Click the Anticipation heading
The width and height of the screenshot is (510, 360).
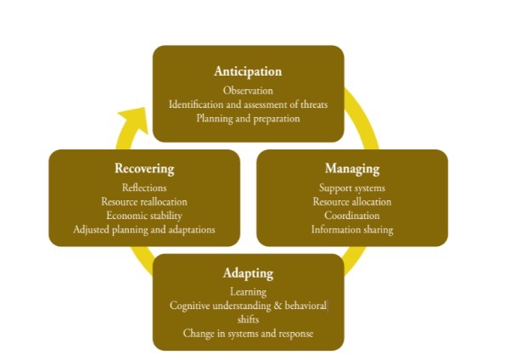point(248,71)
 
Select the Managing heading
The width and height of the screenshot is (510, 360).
point(351,168)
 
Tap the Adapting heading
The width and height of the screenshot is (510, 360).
point(248,273)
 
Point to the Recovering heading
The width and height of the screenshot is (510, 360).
point(144,168)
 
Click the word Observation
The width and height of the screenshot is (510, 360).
point(248,90)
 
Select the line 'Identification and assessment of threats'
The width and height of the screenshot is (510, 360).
point(248,104)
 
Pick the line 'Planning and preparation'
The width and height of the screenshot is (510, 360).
point(248,119)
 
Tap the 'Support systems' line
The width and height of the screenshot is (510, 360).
point(351,188)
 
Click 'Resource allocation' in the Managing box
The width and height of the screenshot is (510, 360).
point(351,201)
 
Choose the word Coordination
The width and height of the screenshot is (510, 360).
point(351,216)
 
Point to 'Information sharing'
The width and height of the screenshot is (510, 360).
point(351,229)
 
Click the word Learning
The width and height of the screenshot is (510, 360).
point(248,292)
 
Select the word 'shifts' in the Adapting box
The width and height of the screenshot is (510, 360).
point(248,319)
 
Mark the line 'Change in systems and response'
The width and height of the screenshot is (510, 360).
point(248,334)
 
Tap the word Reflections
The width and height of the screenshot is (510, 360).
point(144,188)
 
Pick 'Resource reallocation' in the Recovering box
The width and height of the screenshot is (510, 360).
point(144,201)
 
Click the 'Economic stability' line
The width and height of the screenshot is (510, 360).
point(144,216)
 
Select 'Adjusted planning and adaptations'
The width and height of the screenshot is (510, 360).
point(144,229)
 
